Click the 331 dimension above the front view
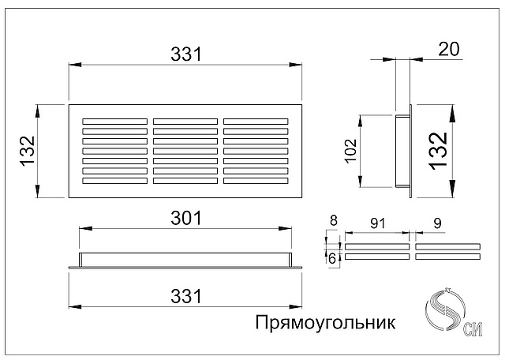[186, 54]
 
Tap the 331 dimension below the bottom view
[186, 296]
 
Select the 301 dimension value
[186, 218]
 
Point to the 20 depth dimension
[449, 49]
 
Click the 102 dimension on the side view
[350, 151]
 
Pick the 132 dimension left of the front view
[28, 151]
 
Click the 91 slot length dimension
[377, 223]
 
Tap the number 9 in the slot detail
[437, 223]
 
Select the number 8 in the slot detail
[333, 221]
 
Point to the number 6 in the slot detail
[332, 258]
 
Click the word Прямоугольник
[325, 322]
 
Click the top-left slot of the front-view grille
[114, 122]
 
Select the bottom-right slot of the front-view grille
[256, 181]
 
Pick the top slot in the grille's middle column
[185, 122]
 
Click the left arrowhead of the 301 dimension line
[85, 228]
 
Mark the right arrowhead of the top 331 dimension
[295, 65]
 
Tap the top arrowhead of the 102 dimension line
[361, 121]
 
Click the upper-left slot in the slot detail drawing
[377, 246]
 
